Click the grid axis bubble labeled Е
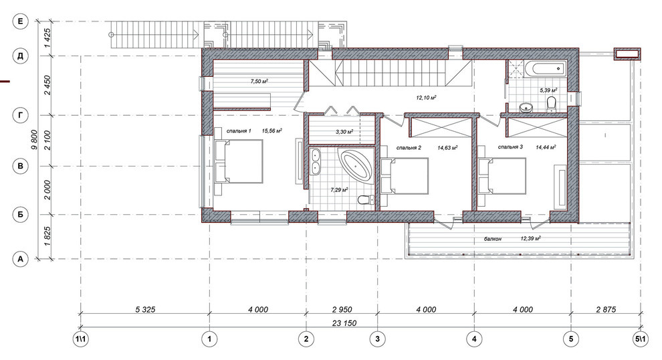20,21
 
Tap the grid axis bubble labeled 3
377,339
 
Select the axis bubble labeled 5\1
641,339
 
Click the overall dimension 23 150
344,323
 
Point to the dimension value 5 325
145,310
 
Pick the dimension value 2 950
342,310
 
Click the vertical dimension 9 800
34,140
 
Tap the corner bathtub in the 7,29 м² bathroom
356,166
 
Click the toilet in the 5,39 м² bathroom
552,104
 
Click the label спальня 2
409,148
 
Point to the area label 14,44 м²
546,147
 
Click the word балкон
493,239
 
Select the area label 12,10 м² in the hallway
426,97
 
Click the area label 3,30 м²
344,131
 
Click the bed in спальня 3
502,176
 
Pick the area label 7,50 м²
259,81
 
